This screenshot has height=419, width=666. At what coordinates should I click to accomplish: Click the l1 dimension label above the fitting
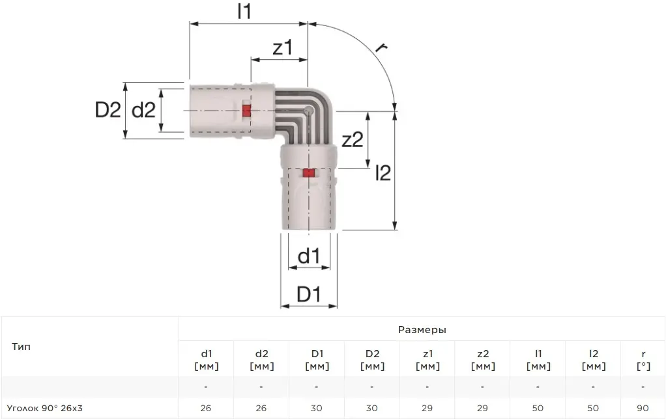point(244,11)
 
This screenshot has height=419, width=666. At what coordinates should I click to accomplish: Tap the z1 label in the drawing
point(283,47)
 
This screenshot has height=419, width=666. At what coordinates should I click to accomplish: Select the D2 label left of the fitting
point(108,110)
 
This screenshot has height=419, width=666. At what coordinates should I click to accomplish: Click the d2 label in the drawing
point(143,110)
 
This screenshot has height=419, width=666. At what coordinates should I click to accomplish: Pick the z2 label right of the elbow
point(352,139)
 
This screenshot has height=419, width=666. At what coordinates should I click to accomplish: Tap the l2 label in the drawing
point(383,173)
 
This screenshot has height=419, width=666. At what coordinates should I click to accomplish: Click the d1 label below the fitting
point(309,256)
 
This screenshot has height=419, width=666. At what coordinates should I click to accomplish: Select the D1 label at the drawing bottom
point(309,294)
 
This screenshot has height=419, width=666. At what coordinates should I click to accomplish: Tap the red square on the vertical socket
point(309,173)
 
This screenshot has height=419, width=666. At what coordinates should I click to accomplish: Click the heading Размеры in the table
point(422,329)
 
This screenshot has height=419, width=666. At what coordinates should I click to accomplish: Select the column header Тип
point(21,347)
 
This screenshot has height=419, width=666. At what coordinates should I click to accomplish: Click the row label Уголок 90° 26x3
point(44,409)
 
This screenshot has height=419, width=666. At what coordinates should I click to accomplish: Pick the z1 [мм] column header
point(427,360)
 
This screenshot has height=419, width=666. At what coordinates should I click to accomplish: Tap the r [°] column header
point(643,360)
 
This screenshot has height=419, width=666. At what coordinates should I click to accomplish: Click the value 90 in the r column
point(643,409)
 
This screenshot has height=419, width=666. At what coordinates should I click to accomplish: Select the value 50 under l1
point(538,409)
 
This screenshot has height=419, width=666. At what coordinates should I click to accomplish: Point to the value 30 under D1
point(317,409)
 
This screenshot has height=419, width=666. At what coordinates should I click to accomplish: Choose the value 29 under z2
point(482,409)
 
